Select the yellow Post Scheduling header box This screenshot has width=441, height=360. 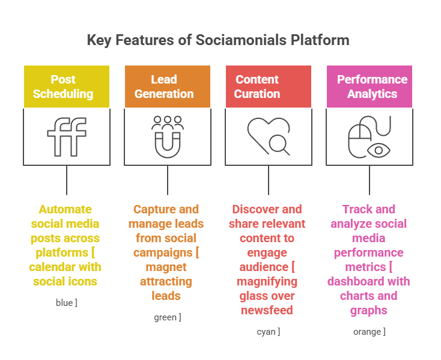pos(67,87)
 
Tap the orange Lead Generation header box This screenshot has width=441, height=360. pos(168,87)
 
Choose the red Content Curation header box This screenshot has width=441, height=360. pos(269,87)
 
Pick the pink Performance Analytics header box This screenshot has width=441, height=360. pos(370,87)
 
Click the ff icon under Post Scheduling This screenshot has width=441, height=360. pos(67,137)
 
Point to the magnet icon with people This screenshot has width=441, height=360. pos(168,136)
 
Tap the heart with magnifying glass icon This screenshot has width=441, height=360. pos(269,136)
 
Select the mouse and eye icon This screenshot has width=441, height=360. pos(370,136)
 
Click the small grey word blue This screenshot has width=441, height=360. pos(64,303)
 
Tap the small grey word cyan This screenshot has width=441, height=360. pos(266,332)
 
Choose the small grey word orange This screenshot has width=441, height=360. pos(366,332)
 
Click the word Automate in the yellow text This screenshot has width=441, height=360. pos(65,209)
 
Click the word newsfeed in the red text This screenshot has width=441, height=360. pos(267,310)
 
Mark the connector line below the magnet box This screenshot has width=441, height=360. pos(168,180)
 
